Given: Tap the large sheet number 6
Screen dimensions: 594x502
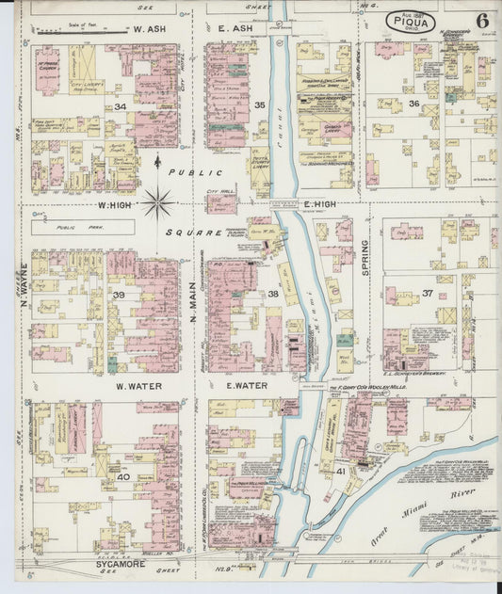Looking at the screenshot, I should click(x=481, y=20).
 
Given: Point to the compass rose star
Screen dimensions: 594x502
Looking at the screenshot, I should click(x=157, y=201).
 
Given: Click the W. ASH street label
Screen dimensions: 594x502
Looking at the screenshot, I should click(x=152, y=29).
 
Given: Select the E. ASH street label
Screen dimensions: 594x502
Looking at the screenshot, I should click(x=235, y=29).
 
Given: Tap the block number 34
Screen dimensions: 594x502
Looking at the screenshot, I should click(x=121, y=106).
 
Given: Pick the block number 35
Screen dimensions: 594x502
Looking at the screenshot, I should click(x=260, y=104).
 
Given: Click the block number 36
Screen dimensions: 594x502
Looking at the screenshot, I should click(x=413, y=104).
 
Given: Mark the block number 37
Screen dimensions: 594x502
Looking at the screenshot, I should click(x=427, y=293).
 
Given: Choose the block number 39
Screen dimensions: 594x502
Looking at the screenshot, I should click(x=119, y=295).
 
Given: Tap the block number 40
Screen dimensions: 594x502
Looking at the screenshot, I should click(x=122, y=476).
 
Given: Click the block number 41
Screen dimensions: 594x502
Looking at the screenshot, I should click(x=340, y=470).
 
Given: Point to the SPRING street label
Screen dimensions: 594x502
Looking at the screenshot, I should click(x=364, y=255).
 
